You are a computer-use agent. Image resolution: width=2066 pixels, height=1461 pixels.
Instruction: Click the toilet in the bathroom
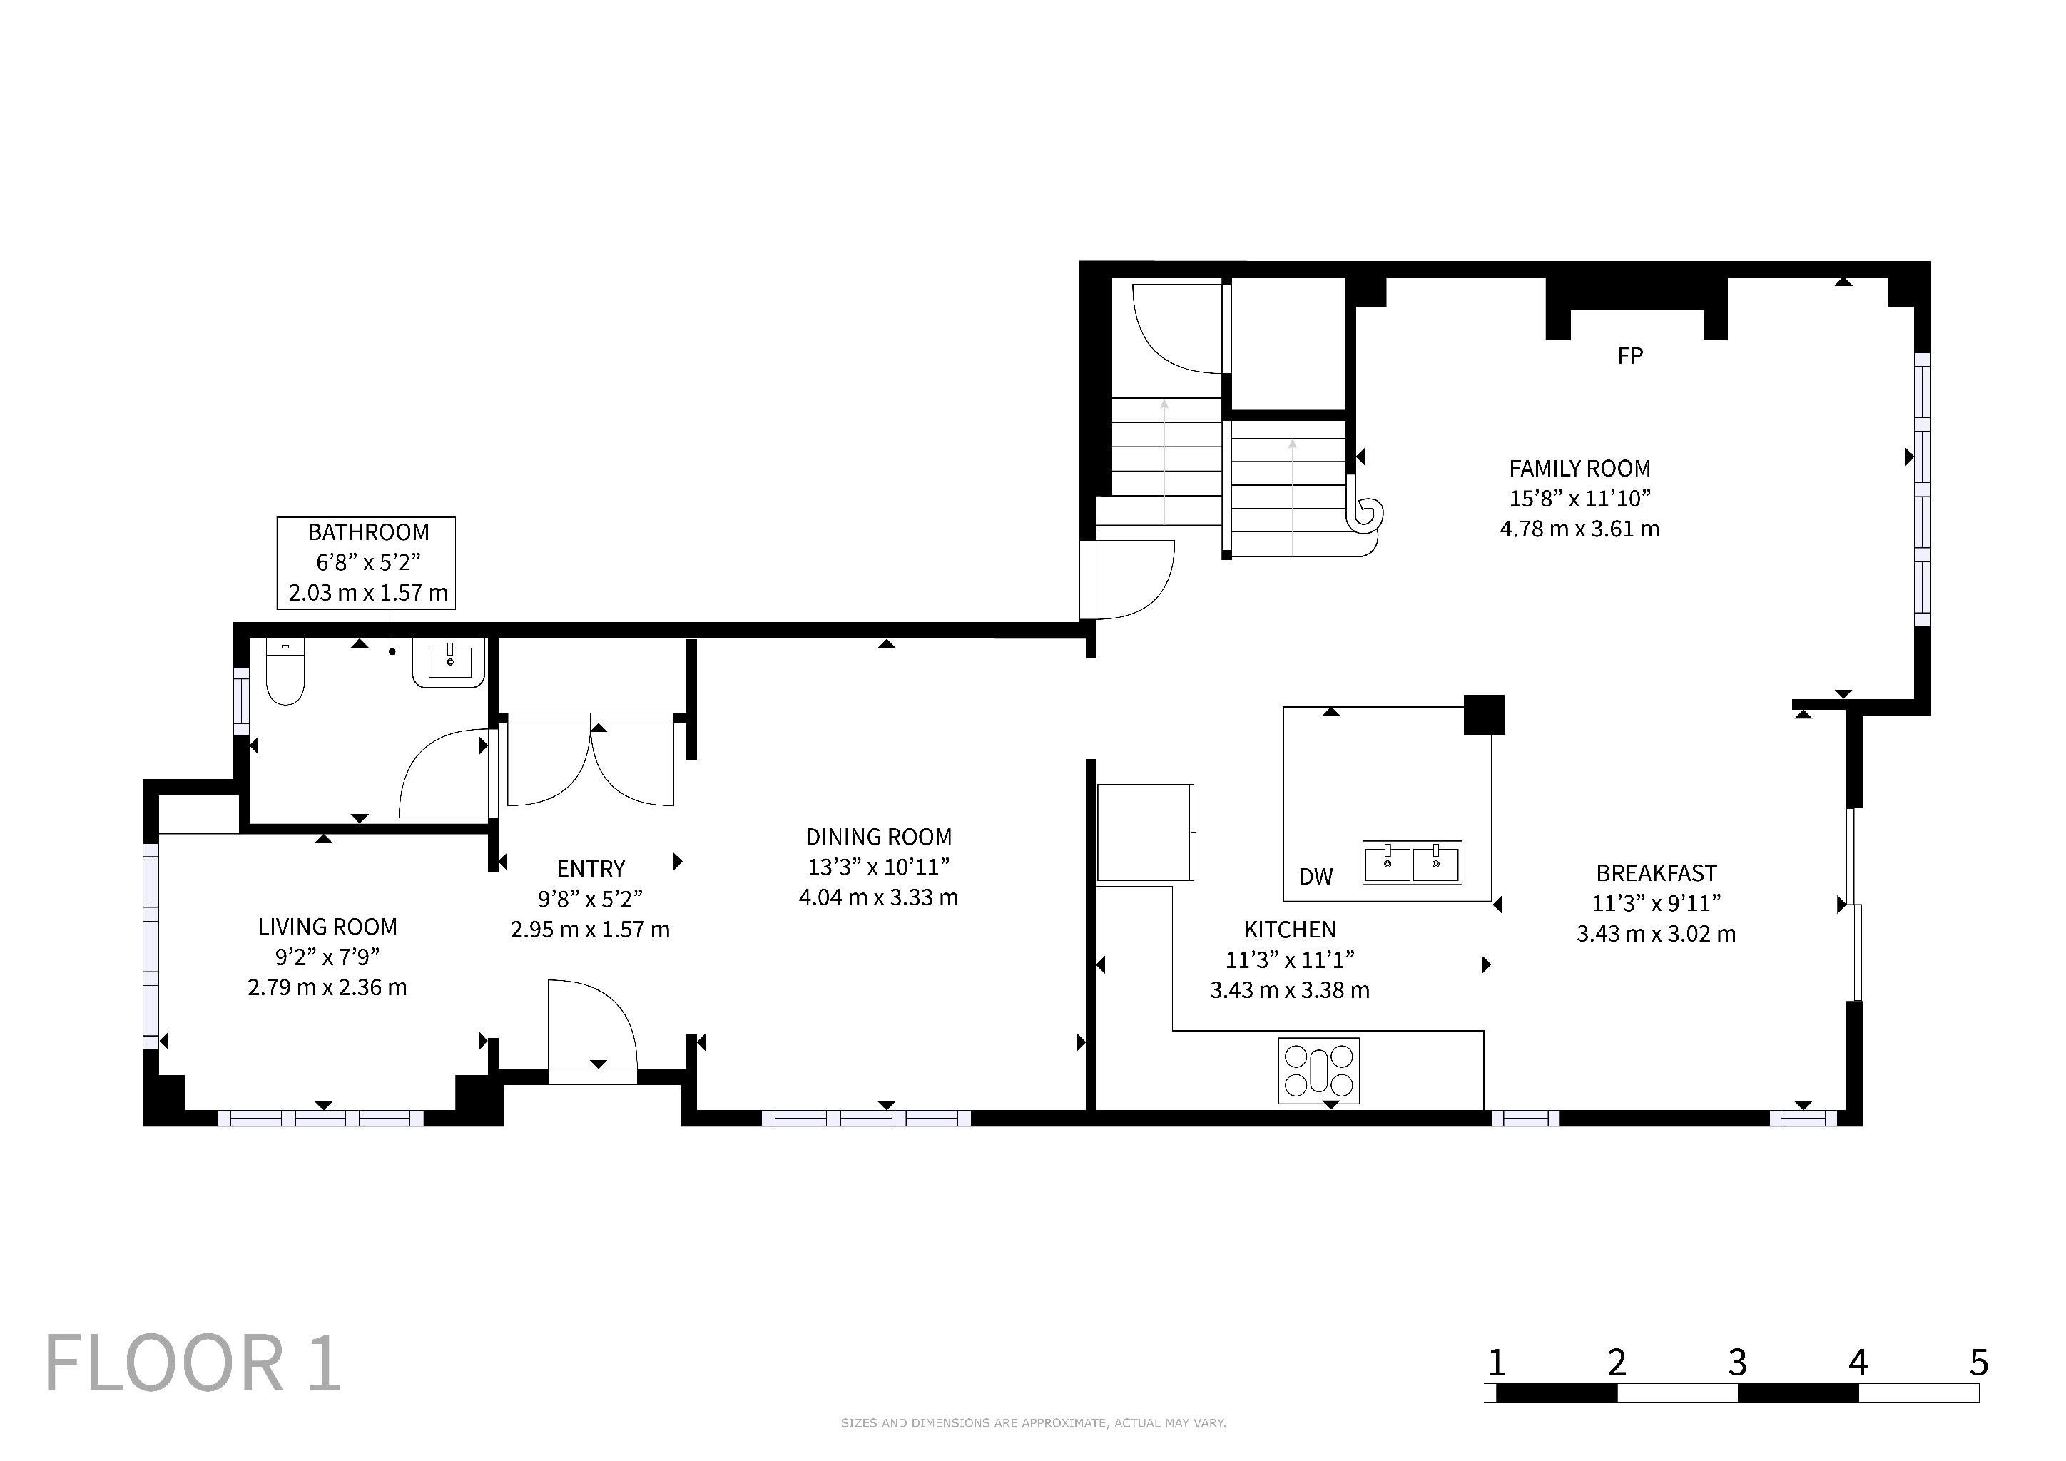click(x=285, y=671)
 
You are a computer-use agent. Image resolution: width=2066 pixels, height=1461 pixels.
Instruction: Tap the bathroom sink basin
click(x=449, y=663)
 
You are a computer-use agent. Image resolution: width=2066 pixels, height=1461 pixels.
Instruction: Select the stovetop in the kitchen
click(x=1318, y=1071)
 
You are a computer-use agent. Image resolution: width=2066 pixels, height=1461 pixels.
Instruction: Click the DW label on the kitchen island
click(x=1316, y=876)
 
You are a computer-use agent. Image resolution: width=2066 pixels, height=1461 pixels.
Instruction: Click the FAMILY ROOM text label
click(x=1579, y=469)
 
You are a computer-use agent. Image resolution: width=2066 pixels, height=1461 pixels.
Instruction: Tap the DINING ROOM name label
click(x=878, y=837)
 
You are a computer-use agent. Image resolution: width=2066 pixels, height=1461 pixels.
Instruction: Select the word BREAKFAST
click(x=1656, y=872)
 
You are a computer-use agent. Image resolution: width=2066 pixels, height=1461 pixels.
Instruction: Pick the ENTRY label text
click(x=590, y=868)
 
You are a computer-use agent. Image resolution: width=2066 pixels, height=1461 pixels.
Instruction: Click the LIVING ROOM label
click(x=327, y=927)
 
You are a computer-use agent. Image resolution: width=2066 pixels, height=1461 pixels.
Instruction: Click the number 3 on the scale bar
click(x=1738, y=1363)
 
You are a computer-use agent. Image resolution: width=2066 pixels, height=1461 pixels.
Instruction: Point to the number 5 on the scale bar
click(x=1979, y=1363)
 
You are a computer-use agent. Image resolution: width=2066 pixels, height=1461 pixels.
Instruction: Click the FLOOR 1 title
click(x=193, y=1364)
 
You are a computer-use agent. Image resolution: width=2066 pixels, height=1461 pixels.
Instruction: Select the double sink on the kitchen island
click(x=1411, y=862)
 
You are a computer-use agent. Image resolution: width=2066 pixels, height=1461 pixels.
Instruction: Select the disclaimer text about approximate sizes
click(x=1033, y=1422)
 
